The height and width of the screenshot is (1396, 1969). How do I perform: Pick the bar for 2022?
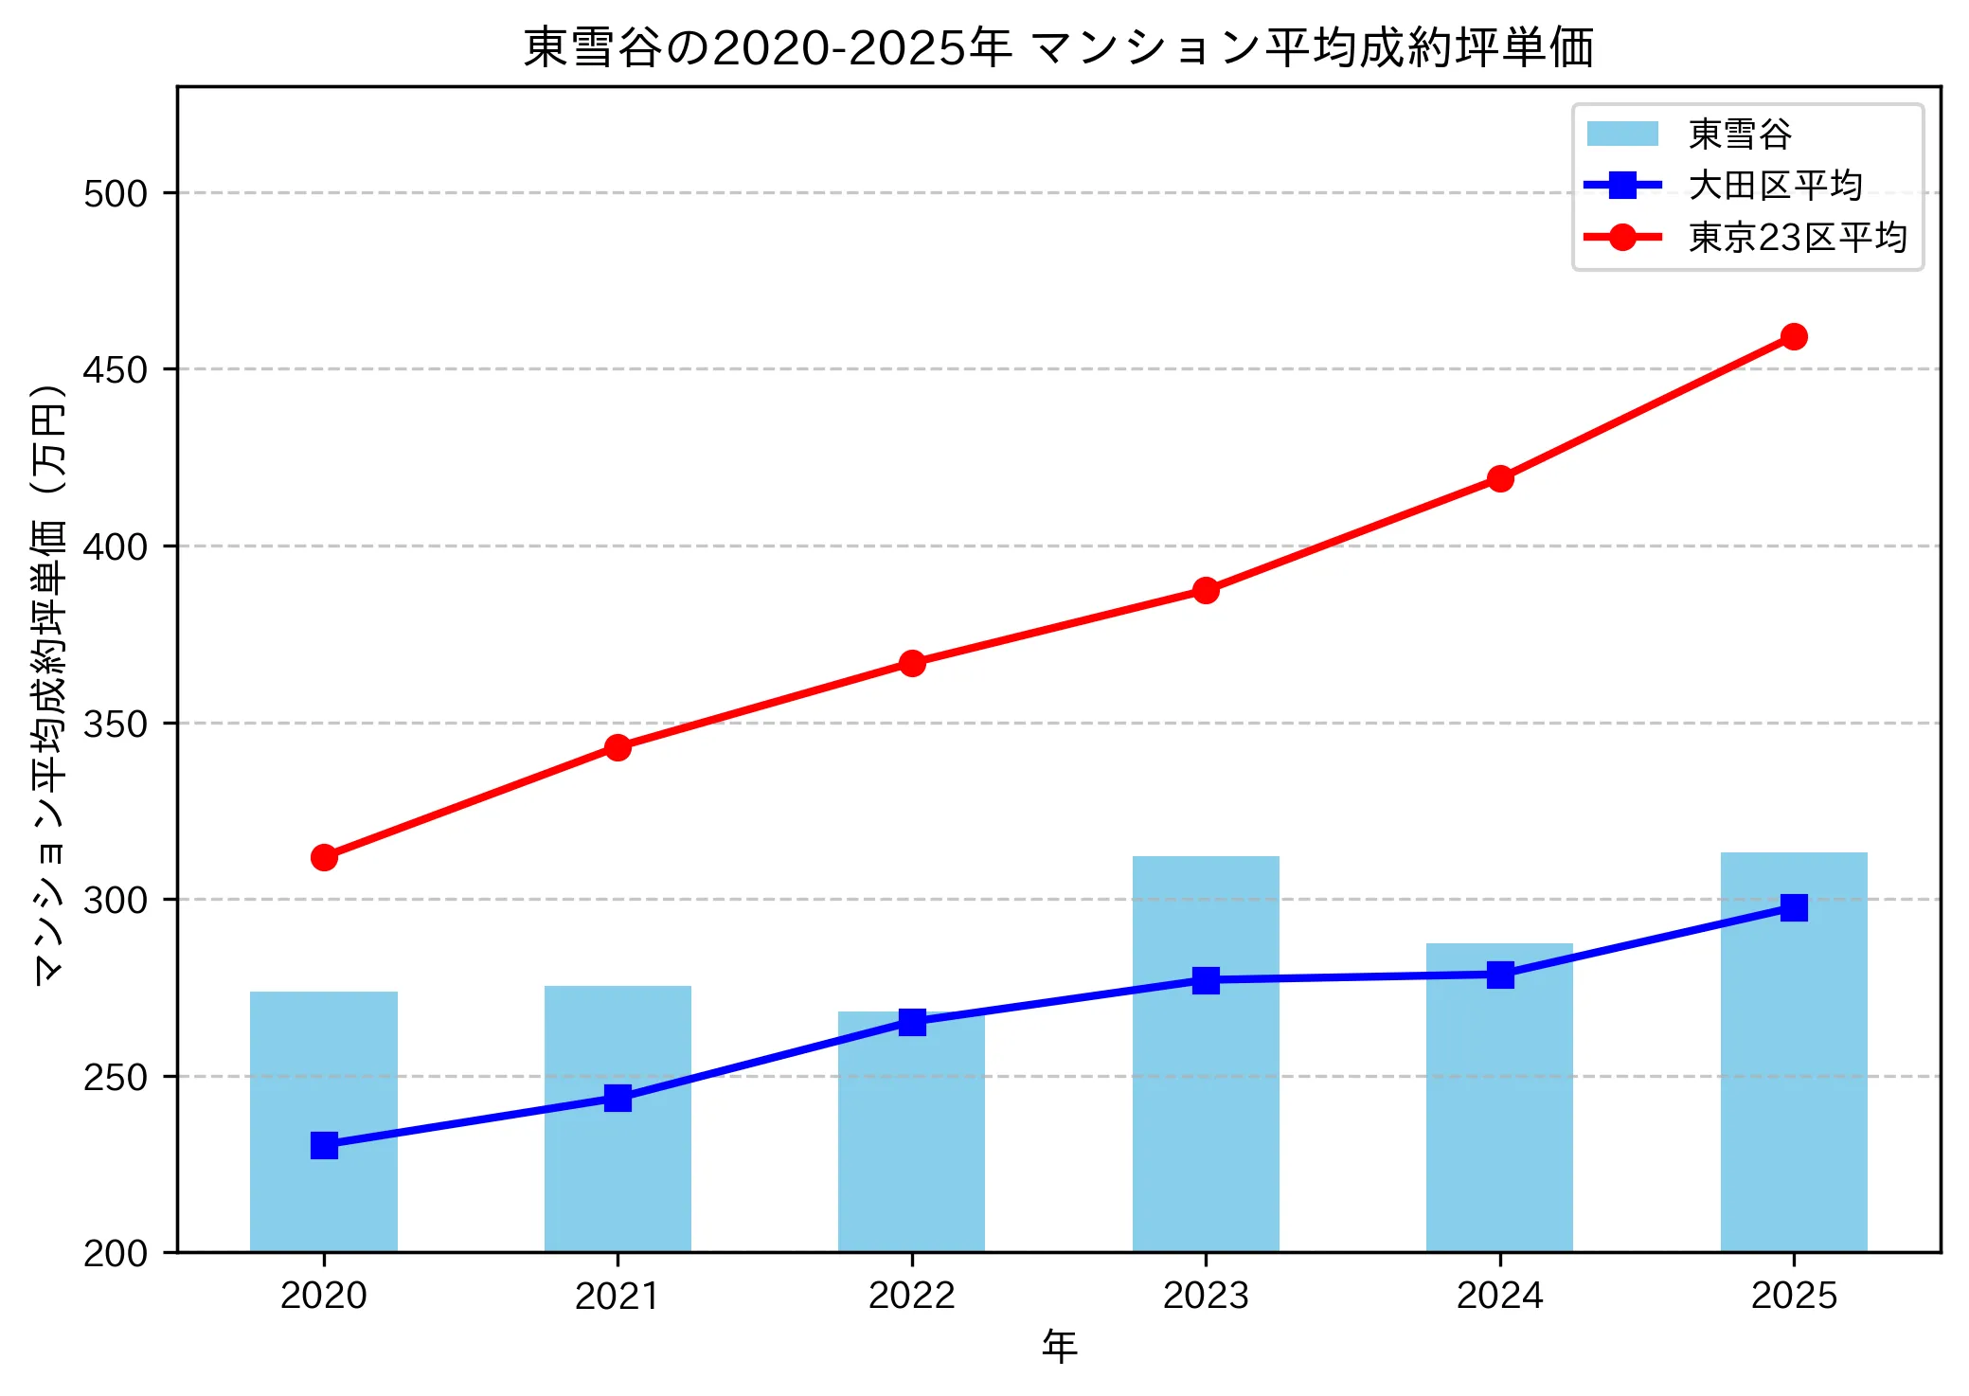(x=911, y=1136)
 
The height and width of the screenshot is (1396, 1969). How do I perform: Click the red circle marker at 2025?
(x=1794, y=336)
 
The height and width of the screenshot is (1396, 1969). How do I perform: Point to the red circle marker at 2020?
(x=324, y=857)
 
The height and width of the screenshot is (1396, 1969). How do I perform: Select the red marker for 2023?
(x=1206, y=590)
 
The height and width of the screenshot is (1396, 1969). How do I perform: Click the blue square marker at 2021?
(x=618, y=1098)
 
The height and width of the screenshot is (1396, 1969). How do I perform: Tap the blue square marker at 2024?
(x=1500, y=975)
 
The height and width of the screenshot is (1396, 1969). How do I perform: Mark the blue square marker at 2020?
(x=324, y=1145)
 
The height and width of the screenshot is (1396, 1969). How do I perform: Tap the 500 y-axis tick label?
(x=116, y=194)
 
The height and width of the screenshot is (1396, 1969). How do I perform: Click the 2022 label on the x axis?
(x=911, y=1296)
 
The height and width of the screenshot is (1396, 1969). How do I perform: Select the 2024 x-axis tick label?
(x=1500, y=1296)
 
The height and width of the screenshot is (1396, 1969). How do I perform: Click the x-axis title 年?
(x=1059, y=1347)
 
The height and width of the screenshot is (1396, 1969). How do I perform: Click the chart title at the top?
(x=1059, y=47)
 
